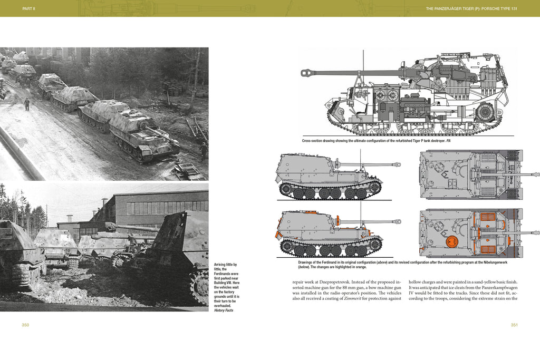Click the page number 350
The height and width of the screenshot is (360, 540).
(x=25, y=325)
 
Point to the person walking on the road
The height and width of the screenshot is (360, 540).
(x=27, y=104)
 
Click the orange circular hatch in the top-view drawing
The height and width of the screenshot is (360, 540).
(x=452, y=242)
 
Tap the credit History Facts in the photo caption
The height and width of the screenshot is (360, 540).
(x=224, y=310)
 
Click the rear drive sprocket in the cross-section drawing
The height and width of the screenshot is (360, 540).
(x=484, y=112)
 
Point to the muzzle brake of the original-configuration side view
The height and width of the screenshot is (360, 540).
(x=398, y=164)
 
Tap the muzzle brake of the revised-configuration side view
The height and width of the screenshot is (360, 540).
(x=398, y=221)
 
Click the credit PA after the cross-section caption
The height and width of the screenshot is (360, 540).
(x=448, y=141)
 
